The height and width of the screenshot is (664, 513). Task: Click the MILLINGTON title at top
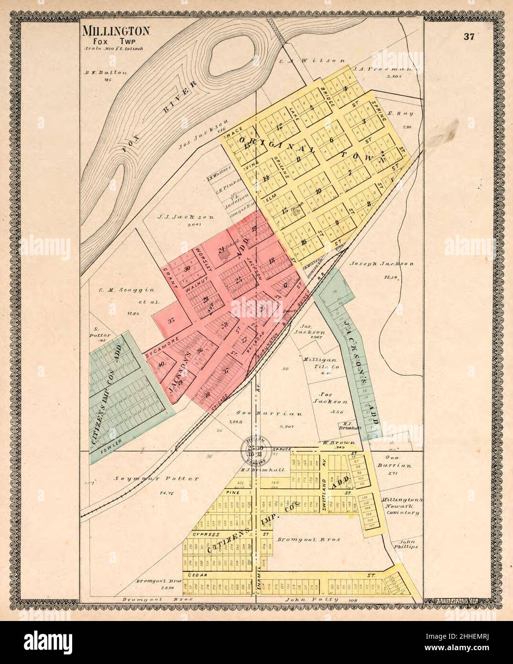click(x=117, y=32)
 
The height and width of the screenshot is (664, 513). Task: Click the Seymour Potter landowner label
click(x=143, y=478)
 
